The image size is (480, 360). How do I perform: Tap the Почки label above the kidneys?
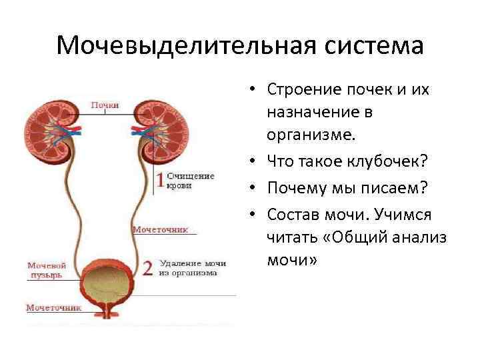[x=105, y=105]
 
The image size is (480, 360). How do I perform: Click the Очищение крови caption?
[x=190, y=181]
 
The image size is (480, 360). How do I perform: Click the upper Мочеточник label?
[x=161, y=229]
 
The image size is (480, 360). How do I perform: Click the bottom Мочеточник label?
[x=53, y=308]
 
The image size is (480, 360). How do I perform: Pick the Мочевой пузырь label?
[x=46, y=269]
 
